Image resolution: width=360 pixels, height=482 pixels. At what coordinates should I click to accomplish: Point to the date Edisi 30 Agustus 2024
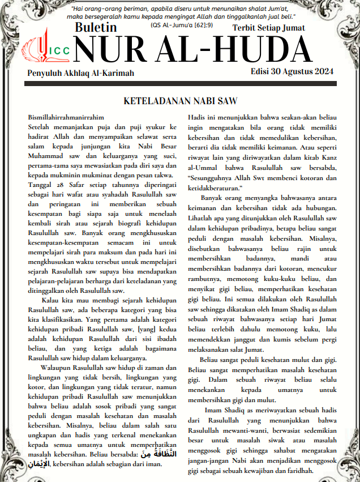point(292,71)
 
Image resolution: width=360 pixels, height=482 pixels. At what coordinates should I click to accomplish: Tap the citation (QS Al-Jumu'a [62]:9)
point(181,25)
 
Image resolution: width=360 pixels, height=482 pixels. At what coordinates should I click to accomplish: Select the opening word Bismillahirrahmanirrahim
point(62,117)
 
